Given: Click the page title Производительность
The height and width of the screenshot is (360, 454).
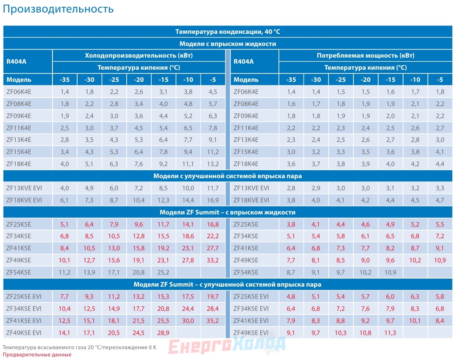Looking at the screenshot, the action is point(58,9).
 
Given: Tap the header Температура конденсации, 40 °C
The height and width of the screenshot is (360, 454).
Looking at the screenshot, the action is point(228,31).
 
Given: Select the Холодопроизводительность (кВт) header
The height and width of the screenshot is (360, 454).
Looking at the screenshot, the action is point(139,56).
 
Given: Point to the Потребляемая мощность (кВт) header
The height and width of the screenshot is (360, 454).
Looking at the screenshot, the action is point(365,56).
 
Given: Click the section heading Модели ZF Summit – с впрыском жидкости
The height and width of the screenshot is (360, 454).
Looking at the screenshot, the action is point(228,212).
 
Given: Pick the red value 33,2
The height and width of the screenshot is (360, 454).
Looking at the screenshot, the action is point(213,260).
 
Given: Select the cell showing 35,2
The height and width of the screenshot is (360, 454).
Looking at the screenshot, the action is point(213,320).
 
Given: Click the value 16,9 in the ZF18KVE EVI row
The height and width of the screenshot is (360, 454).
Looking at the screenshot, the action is point(213,200).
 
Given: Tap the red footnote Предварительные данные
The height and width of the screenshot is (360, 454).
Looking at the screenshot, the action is point(37,354).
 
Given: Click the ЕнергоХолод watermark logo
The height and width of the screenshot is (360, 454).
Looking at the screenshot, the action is point(227,346).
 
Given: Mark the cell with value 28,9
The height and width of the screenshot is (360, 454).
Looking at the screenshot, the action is point(163,333).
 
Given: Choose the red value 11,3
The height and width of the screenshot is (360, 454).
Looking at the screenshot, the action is point(390,333).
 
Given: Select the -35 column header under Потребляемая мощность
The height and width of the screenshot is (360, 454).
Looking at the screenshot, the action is point(291,79).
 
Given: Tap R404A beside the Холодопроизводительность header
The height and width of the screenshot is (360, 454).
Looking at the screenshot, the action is point(16,61).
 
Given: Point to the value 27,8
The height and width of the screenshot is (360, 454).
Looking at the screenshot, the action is point(188,260).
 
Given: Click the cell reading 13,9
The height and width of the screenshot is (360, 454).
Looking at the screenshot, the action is point(89,273).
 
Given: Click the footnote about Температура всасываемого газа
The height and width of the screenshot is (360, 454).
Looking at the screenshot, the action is point(80,347).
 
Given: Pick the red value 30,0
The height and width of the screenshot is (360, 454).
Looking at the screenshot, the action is point(188,320).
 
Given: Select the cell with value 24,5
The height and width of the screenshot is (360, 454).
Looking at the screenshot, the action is point(138,333).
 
